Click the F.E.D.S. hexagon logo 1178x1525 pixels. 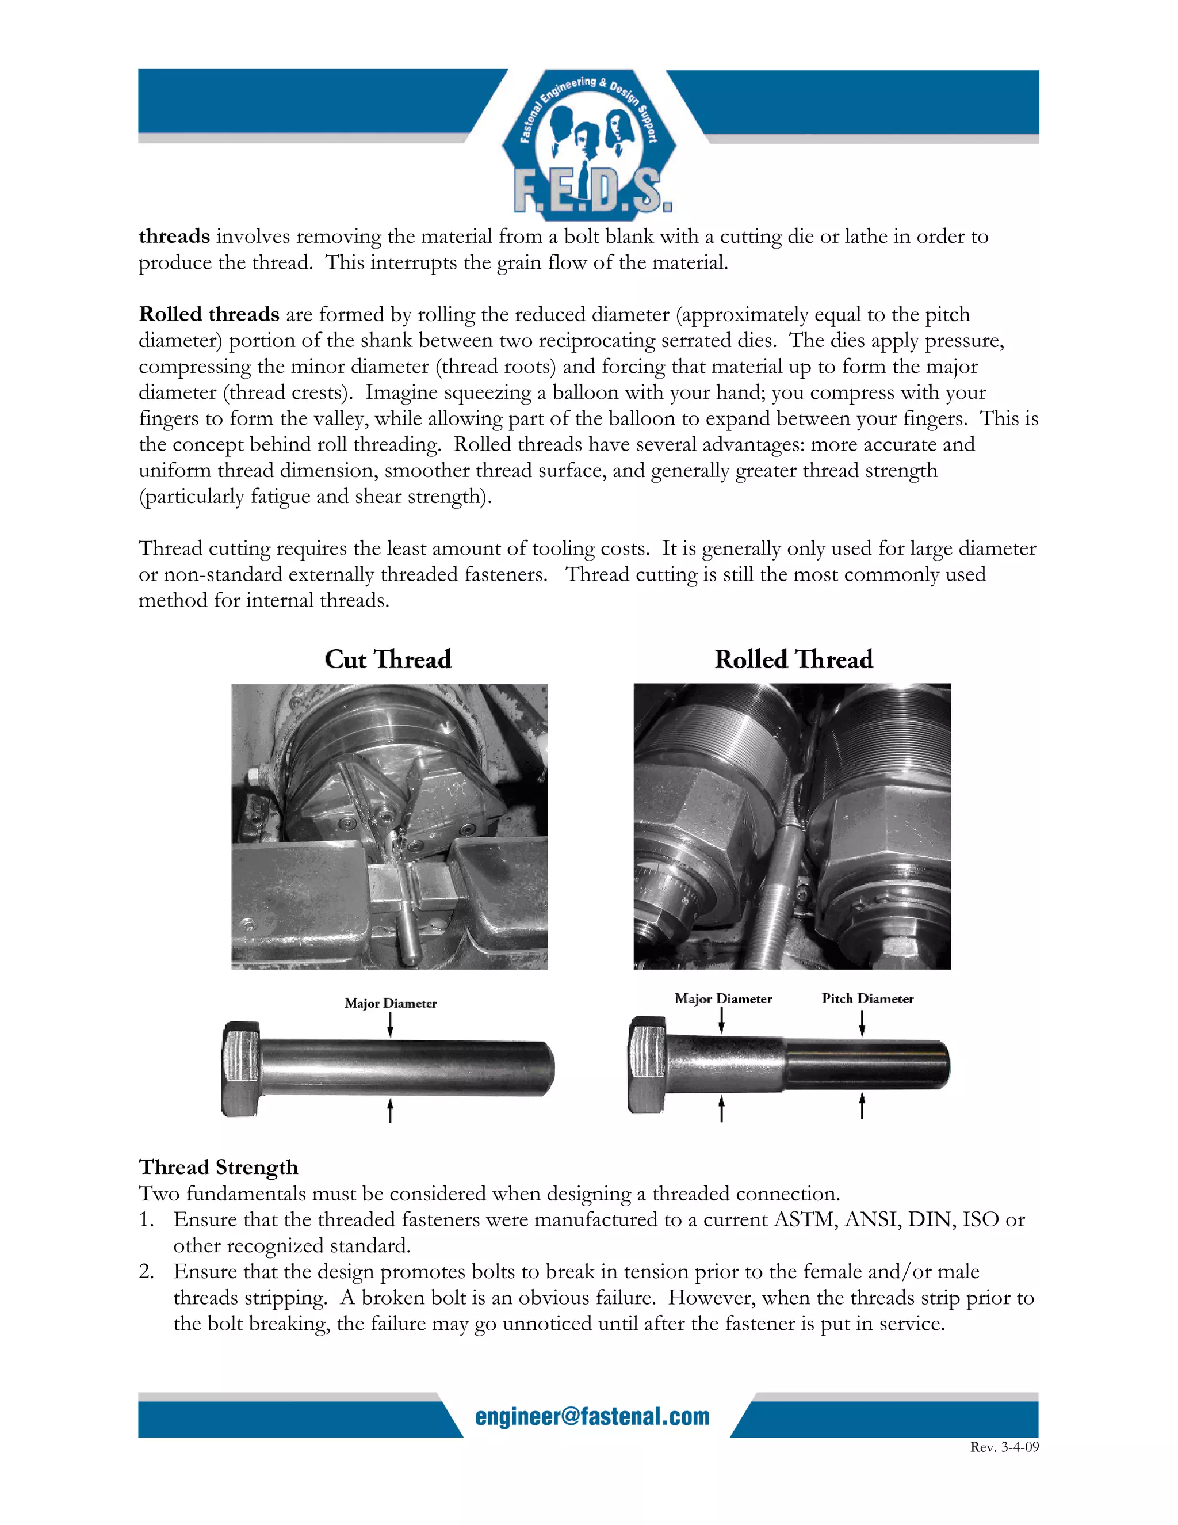click(588, 143)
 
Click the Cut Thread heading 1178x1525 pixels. click(388, 659)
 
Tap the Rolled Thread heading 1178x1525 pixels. click(793, 659)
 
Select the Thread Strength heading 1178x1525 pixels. click(219, 1167)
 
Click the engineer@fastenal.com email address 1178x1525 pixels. click(592, 1416)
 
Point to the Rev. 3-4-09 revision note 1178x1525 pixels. click(1004, 1447)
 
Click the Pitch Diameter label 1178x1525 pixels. click(867, 998)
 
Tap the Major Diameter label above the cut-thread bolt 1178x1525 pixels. click(390, 1004)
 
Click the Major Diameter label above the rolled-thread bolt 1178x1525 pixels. click(723, 998)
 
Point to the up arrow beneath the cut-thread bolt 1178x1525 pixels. click(390, 1110)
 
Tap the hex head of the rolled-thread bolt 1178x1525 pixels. click(647, 1065)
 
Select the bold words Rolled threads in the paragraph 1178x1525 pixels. click(209, 314)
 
